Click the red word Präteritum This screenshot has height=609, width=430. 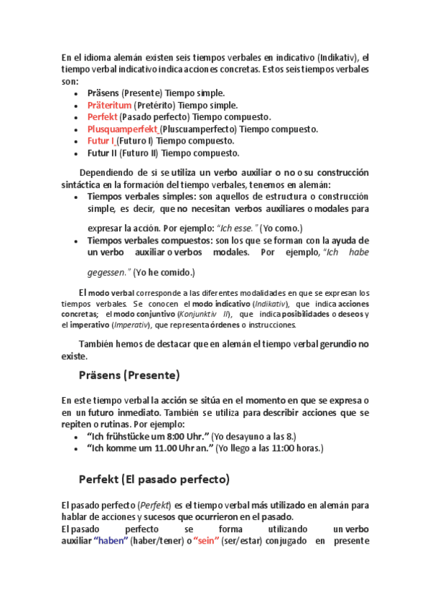coord(109,105)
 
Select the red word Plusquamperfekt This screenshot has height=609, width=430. coord(123,129)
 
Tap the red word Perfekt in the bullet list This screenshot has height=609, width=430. coord(102,117)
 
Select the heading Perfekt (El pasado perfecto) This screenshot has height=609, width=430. coord(154,478)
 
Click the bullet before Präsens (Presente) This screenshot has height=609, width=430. coord(77,93)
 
